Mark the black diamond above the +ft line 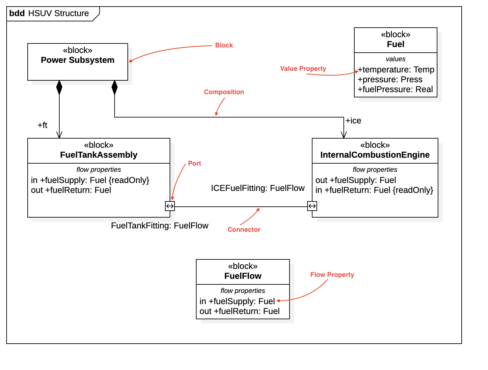pyautogui.click(x=59, y=87)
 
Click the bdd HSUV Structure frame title pyautogui.click(x=49, y=13)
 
